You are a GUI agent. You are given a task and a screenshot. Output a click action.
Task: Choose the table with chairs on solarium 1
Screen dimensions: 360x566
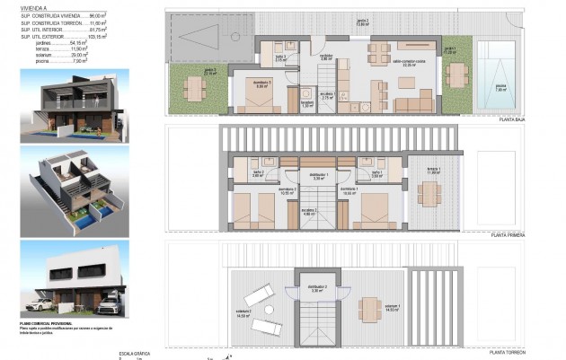368,310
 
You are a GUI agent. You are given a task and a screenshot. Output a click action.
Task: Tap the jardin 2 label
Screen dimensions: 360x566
363,21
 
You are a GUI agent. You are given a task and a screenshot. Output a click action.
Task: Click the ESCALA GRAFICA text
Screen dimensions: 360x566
133,354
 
